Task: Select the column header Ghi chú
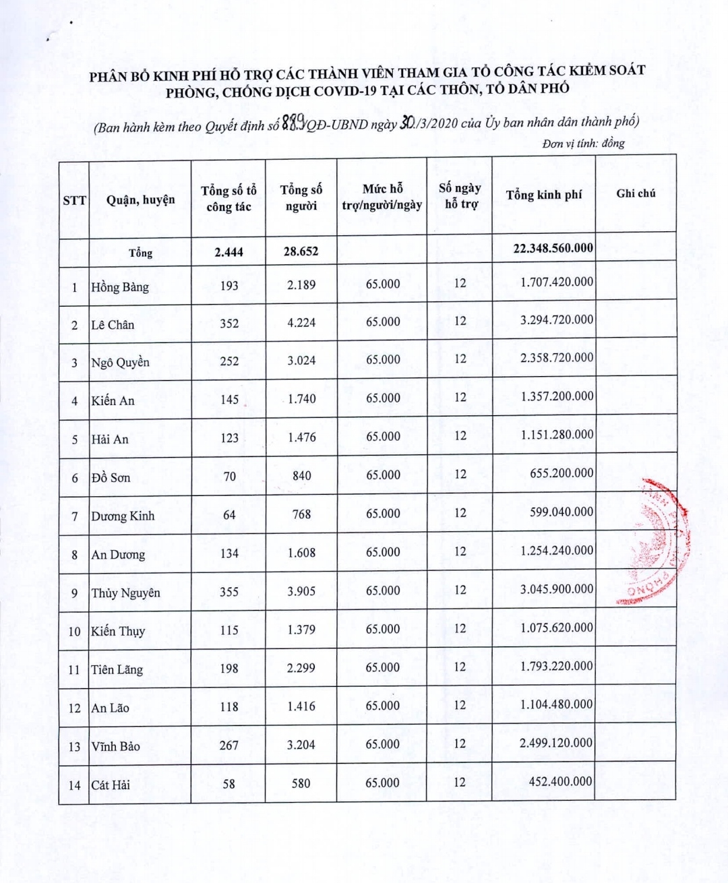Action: [636, 193]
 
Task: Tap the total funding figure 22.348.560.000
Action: [553, 248]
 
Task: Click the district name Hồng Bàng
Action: [120, 287]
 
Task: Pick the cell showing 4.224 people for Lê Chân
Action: [301, 322]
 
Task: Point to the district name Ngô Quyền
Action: [120, 363]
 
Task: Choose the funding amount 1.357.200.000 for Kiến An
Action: [556, 396]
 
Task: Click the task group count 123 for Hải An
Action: [229, 438]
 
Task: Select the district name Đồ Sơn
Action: [111, 478]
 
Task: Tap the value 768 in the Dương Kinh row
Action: [301, 514]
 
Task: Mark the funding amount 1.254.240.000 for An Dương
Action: [556, 551]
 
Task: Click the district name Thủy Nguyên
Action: [125, 593]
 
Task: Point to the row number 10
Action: [74, 632]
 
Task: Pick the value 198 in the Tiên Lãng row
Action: [229, 668]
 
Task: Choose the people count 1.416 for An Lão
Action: [301, 706]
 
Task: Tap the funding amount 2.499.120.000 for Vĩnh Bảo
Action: [556, 743]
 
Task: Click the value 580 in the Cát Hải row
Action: [301, 783]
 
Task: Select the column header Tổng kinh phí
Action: [543, 195]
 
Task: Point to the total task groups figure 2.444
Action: [229, 252]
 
